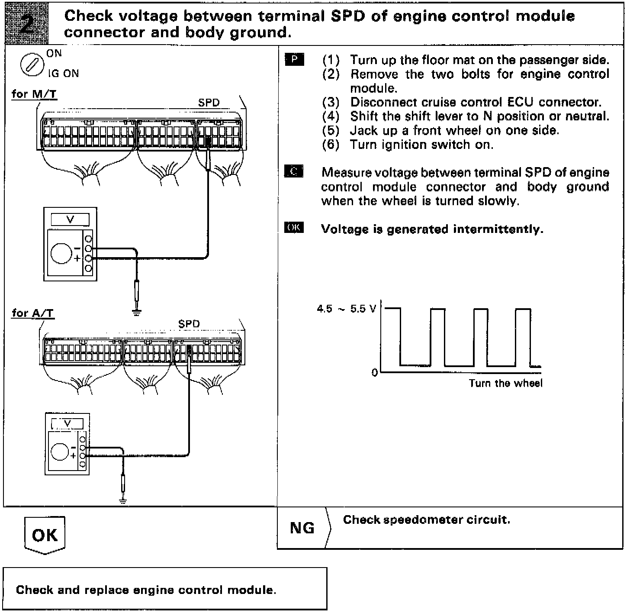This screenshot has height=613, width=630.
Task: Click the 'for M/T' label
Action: click(34, 94)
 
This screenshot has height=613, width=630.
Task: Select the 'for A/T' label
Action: click(33, 313)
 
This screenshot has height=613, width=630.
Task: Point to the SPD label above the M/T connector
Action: click(209, 103)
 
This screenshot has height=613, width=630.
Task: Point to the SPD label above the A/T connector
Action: click(189, 324)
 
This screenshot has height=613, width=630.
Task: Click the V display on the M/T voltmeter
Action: click(70, 219)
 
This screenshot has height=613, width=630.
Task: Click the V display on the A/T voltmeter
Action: click(67, 423)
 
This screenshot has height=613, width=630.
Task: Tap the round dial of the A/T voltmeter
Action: click(60, 452)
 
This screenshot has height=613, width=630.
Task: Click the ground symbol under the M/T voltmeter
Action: click(137, 312)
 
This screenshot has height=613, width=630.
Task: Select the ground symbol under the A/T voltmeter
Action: click(123, 501)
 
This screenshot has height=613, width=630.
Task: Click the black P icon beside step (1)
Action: click(294, 60)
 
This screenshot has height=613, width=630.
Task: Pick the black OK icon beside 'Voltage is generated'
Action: click(294, 228)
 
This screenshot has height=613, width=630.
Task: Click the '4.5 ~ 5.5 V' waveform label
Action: click(347, 309)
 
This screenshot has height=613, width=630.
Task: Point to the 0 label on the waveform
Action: click(375, 372)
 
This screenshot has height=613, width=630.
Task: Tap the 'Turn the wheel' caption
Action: click(505, 383)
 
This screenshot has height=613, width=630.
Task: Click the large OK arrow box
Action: click(45, 535)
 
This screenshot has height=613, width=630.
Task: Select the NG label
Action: click(302, 528)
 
